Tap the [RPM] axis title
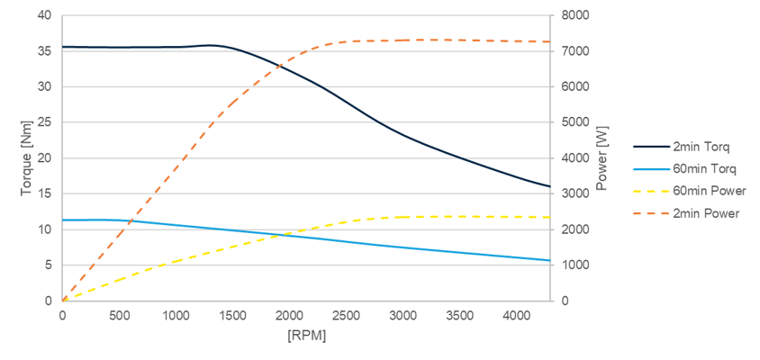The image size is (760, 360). pyautogui.click(x=306, y=336)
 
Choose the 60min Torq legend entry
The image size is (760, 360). pyautogui.click(x=689, y=168)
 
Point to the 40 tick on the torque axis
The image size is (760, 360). pyautogui.click(x=44, y=16)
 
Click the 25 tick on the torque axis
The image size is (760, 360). pyautogui.click(x=44, y=122)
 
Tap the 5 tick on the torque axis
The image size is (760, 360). pyautogui.click(x=47, y=265)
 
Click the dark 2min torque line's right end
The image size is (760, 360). pyautogui.click(x=549, y=186)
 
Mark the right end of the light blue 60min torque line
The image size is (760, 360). pyautogui.click(x=549, y=260)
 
